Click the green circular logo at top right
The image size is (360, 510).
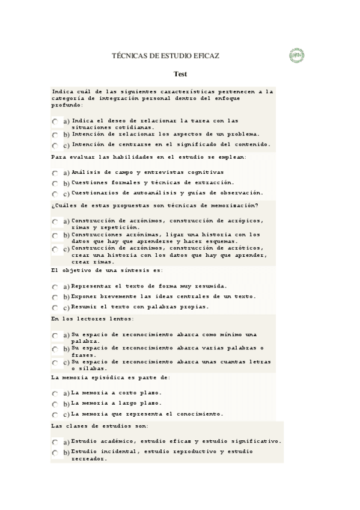(x=296, y=55)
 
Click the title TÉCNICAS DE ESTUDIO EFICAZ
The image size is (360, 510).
(x=166, y=56)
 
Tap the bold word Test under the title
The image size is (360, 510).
(x=180, y=74)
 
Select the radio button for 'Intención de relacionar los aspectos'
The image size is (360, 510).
(x=55, y=135)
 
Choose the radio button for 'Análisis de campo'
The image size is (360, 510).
(x=55, y=173)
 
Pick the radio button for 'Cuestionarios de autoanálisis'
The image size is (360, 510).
(x=55, y=194)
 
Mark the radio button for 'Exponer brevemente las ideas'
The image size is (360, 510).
(x=55, y=298)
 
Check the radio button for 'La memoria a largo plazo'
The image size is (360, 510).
(x=55, y=404)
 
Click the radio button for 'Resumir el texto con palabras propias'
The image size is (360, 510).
(x=55, y=308)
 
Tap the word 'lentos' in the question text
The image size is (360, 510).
(x=120, y=319)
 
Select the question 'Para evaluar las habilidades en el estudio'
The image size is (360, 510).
(x=149, y=157)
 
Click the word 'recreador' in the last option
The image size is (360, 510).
(x=88, y=458)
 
